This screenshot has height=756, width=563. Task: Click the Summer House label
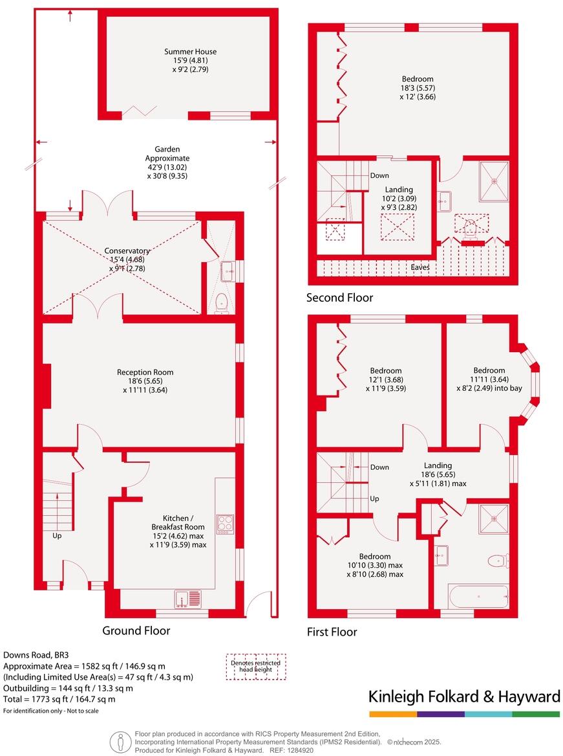click(x=190, y=60)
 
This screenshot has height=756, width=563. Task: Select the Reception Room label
click(x=145, y=381)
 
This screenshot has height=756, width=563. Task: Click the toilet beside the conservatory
click(x=222, y=302)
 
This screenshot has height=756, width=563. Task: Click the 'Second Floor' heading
click(x=340, y=298)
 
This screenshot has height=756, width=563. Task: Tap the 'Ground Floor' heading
click(x=136, y=630)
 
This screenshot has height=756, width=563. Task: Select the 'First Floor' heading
click(x=332, y=632)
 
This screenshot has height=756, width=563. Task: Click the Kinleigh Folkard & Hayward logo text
click(x=464, y=697)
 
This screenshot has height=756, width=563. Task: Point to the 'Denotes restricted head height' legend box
click(x=256, y=667)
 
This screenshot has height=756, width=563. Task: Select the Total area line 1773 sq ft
click(x=59, y=699)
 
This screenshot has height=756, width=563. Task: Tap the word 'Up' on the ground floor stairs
click(x=57, y=536)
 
